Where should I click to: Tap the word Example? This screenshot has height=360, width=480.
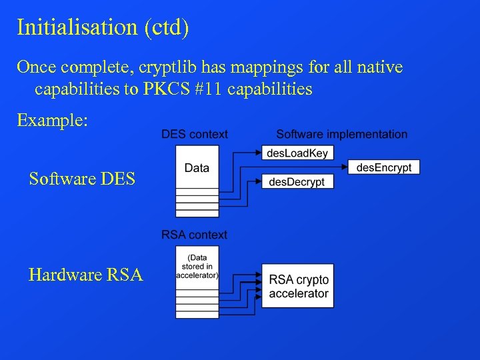pos(52,121)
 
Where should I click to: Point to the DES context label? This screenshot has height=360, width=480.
pos(194,135)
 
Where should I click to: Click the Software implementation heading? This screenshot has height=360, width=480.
pos(341,135)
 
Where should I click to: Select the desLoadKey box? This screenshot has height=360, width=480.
pos(297,153)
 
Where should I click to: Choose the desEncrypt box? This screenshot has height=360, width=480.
pos(383,167)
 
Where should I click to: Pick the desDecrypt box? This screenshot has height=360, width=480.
pos(297,181)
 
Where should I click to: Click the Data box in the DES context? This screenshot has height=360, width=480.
pos(197,167)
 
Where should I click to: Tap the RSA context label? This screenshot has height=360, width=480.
pos(194,235)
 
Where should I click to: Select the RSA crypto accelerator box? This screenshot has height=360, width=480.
pos(297,286)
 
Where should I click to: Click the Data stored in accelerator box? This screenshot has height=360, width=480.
pos(197,266)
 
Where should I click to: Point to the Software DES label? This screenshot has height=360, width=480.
pos(82,179)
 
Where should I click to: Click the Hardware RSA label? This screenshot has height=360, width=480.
pos(86,275)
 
